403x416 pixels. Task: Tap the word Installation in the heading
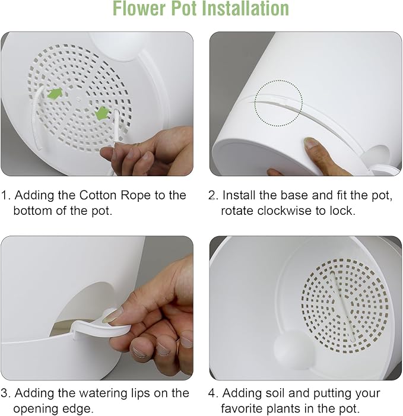coord(242,9)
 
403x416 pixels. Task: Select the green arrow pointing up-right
coord(55,93)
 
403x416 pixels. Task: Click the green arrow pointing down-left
coord(102,112)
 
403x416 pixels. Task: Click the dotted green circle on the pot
coord(278,104)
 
